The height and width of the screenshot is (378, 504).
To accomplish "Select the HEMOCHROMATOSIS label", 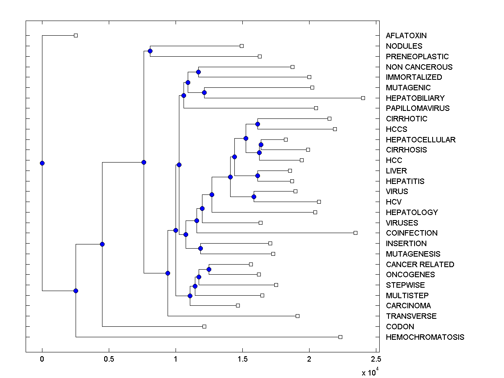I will click(x=425, y=337).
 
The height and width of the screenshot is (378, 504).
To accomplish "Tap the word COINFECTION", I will click(x=412, y=233).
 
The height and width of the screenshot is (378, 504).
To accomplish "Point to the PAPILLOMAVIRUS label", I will click(x=417, y=108).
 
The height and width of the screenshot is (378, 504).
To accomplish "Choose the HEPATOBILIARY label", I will click(x=415, y=98).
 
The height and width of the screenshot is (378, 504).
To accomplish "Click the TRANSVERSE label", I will click(x=411, y=316).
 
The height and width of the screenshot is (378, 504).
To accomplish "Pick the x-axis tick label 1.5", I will click(x=242, y=359).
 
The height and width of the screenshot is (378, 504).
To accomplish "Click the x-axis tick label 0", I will click(x=42, y=359).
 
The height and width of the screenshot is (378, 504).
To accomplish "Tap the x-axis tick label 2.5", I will click(x=376, y=359).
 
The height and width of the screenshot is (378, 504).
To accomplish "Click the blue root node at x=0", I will click(x=42, y=163).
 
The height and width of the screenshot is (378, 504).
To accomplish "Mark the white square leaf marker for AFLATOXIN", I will click(x=76, y=35).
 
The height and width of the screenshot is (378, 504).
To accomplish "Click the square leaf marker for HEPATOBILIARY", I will click(x=363, y=98).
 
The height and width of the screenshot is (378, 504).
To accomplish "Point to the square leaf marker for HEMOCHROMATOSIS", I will click(x=340, y=337).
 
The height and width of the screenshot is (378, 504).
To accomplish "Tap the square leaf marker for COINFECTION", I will click(x=355, y=233).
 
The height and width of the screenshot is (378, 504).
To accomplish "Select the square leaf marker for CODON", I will click(x=204, y=326).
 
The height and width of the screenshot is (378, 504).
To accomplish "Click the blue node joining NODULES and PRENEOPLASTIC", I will click(x=150, y=51).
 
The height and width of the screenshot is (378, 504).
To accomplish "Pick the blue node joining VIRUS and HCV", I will click(x=254, y=197).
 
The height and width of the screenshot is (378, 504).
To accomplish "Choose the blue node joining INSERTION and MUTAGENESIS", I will click(x=200, y=248).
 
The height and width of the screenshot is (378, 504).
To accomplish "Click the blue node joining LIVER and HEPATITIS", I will click(x=257, y=176).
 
